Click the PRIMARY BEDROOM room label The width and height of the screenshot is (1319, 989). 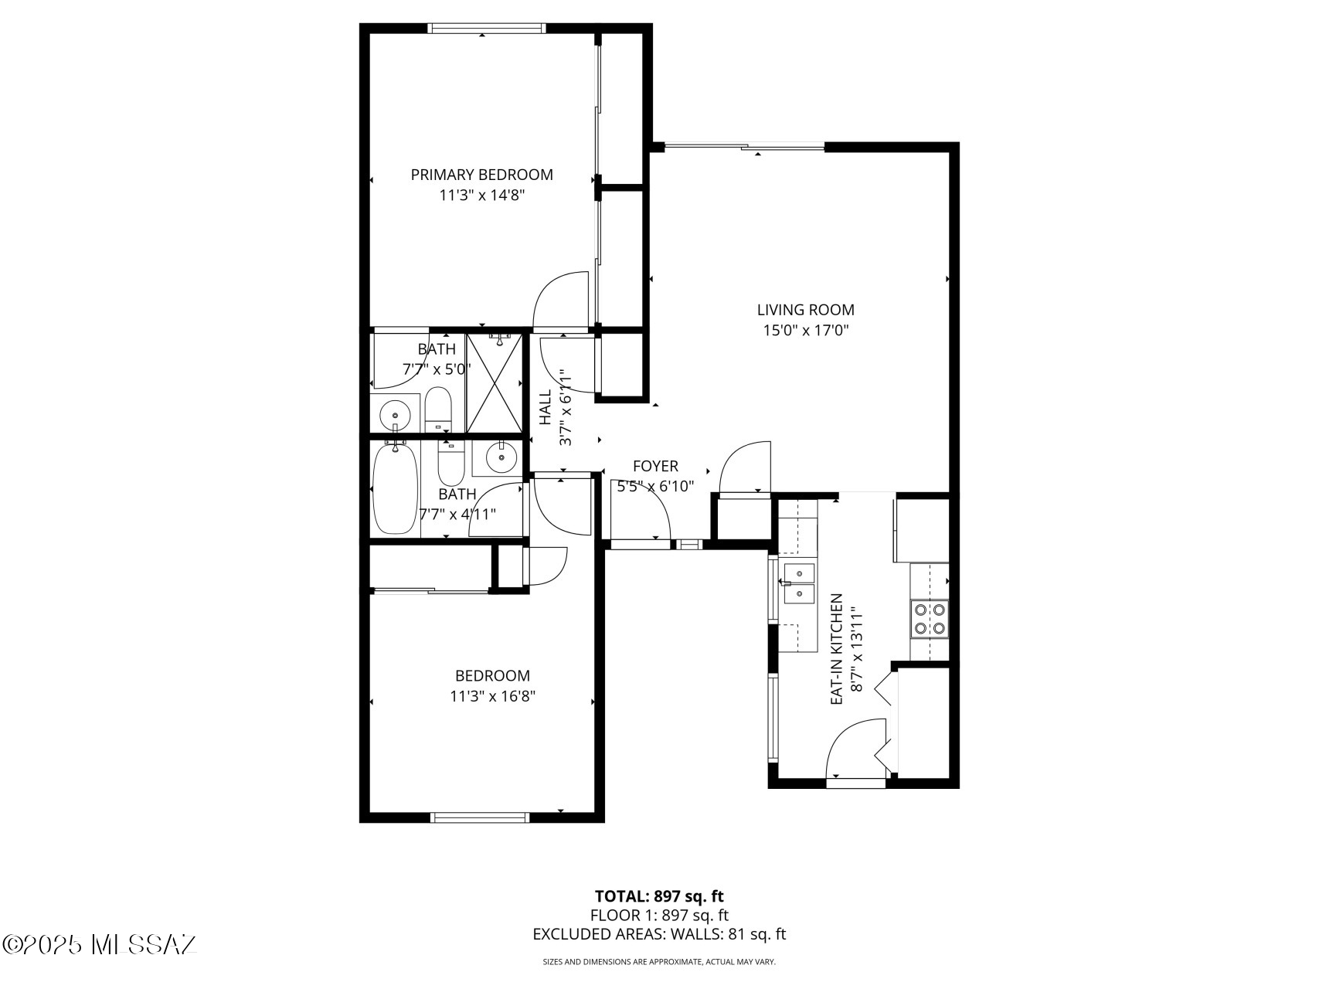pos(481,175)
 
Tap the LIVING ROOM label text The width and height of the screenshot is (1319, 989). pos(805,310)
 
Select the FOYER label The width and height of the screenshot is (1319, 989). pos(655,466)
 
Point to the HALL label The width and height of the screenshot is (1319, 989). pos(546,406)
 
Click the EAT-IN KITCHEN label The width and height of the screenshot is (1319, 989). pos(836,649)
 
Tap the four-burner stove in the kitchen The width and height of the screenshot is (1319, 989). pos(930,618)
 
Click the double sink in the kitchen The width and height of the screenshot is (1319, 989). pos(799,583)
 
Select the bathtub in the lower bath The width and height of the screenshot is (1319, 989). pos(395,488)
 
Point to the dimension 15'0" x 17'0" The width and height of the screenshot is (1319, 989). pos(806,331)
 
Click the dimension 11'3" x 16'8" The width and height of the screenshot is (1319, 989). pos(492,696)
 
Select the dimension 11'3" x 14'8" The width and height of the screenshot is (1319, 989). pos(482,195)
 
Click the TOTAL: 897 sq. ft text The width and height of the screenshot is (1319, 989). pos(659,896)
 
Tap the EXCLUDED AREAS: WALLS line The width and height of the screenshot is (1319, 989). pos(659,934)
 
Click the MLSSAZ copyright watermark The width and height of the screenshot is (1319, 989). pos(100,944)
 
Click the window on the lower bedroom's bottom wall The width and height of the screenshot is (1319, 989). pos(480,817)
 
